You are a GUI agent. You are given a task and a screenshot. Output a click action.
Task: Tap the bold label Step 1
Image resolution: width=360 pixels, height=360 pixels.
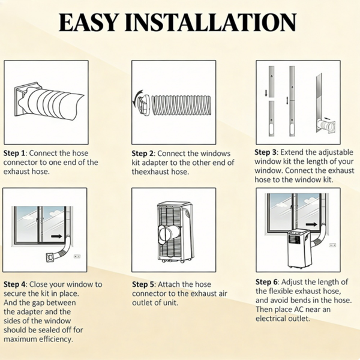[x=14, y=153]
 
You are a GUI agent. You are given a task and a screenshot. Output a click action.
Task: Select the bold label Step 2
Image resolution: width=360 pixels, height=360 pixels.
[x=142, y=154]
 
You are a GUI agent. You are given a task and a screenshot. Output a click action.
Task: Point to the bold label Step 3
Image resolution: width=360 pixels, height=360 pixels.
[x=265, y=152]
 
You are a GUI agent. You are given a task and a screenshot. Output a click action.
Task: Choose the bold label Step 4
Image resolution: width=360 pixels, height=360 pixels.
[x=14, y=284]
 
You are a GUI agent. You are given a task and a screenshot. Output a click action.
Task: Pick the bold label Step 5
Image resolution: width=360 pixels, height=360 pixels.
[x=143, y=284]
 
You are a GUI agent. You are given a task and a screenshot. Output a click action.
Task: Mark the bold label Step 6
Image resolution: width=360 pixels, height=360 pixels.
[x=266, y=282]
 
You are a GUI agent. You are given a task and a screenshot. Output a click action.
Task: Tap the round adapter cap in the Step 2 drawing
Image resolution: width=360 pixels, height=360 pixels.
[x=144, y=103]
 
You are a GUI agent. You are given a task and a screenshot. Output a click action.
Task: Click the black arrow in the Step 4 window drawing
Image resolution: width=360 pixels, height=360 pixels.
[x=57, y=236]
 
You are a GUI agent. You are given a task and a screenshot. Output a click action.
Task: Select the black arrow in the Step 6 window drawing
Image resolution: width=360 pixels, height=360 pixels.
[x=311, y=224]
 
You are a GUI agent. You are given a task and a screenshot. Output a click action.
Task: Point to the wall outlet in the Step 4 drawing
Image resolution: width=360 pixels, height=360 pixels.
[x=77, y=256]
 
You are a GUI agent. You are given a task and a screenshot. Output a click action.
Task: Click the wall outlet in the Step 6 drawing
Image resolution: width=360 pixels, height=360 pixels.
[x=332, y=245]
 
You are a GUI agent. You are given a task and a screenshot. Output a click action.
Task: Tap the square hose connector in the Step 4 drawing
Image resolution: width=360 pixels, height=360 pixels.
[x=51, y=258]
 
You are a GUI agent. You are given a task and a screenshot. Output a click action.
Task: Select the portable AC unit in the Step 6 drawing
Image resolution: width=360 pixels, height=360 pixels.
[x=299, y=249]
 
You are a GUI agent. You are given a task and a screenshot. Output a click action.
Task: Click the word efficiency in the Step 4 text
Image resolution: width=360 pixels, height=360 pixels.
[x=56, y=340]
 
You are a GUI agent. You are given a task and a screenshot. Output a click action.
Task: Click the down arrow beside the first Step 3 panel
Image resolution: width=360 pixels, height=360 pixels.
[x=266, y=93]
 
